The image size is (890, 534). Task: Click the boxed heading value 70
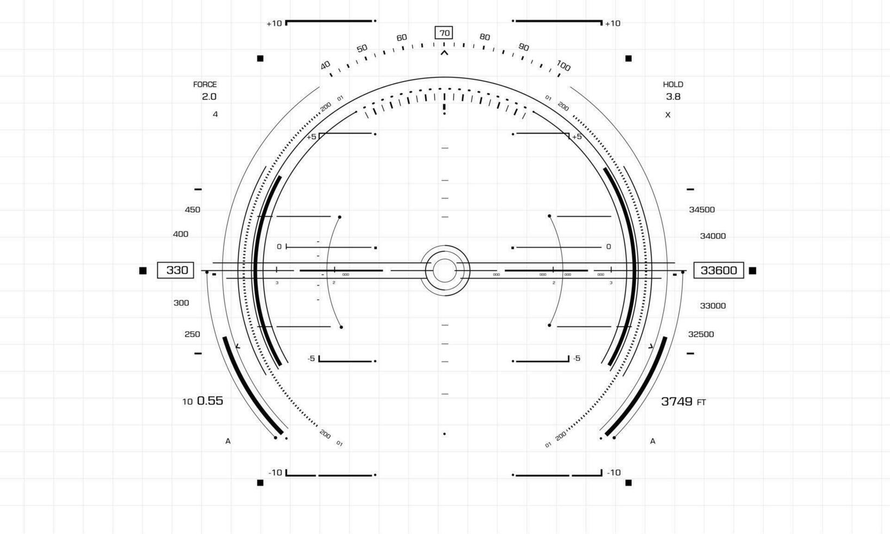(x=444, y=33)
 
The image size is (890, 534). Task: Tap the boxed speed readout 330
(x=175, y=270)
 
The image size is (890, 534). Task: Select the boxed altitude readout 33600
(x=718, y=270)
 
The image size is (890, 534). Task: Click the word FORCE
(x=205, y=84)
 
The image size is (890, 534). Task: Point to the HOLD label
(x=673, y=84)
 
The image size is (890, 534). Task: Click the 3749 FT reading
(x=683, y=402)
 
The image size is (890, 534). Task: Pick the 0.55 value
(x=210, y=400)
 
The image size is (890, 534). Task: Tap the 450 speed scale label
(x=192, y=210)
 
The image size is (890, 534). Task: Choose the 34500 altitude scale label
(x=702, y=210)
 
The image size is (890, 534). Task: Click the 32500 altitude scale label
(x=701, y=335)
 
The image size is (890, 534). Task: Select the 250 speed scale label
(x=192, y=335)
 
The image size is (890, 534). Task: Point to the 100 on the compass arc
(x=564, y=66)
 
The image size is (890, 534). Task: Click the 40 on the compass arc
(x=325, y=65)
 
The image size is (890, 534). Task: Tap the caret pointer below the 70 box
(x=444, y=53)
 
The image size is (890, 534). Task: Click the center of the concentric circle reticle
(x=445, y=270)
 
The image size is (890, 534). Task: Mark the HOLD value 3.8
(x=673, y=97)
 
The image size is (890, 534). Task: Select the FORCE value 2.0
(x=209, y=97)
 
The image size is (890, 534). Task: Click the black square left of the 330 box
(x=143, y=271)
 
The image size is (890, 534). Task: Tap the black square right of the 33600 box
(x=753, y=271)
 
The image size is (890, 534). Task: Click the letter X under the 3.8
(x=668, y=115)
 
